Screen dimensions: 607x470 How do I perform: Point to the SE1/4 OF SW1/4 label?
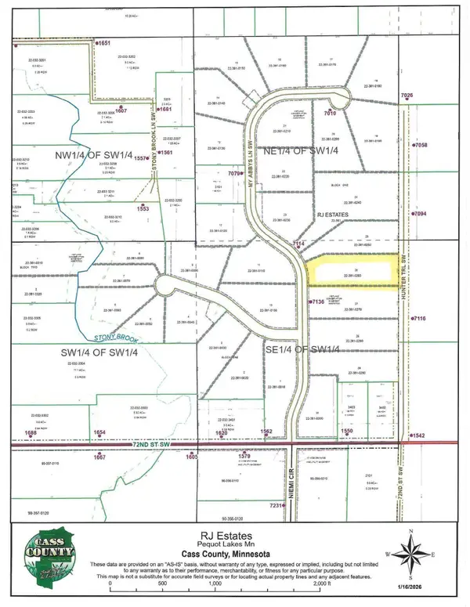point(301,349)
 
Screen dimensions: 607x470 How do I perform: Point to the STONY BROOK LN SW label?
point(154,133)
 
